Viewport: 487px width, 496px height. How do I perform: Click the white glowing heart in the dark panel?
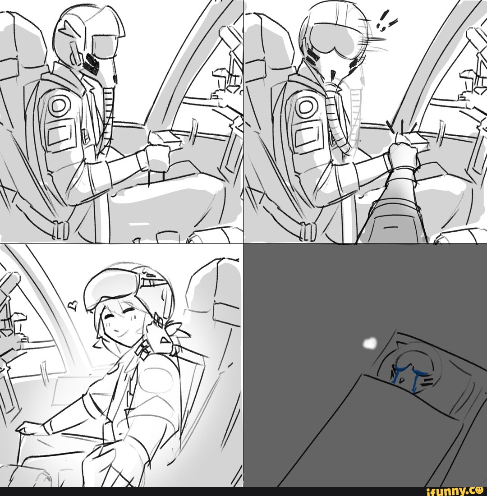(369, 343)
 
